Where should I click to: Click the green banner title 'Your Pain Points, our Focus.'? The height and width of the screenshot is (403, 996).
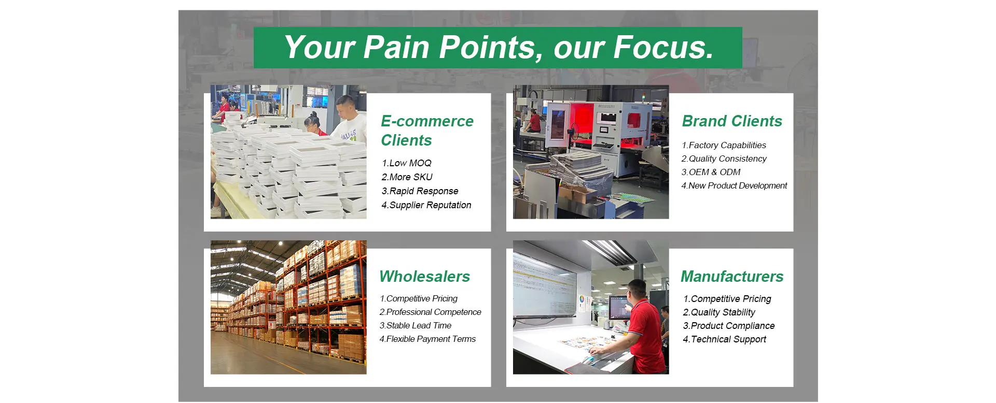tap(499, 47)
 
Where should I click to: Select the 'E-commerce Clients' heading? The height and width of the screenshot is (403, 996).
tap(427, 131)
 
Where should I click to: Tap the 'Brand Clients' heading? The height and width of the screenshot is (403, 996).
tap(732, 121)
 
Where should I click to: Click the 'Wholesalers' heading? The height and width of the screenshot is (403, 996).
tap(424, 277)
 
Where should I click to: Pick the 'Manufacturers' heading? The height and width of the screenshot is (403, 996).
tap(732, 277)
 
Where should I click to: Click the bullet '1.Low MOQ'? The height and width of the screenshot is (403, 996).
tap(407, 163)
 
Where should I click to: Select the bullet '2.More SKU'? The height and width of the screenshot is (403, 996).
tap(407, 177)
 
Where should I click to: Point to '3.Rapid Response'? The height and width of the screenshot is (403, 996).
tap(420, 191)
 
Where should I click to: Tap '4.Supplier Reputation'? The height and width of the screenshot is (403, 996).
tap(426, 205)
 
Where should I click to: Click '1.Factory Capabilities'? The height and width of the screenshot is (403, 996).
tap(724, 146)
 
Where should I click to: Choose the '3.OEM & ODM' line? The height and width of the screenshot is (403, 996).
tap(711, 172)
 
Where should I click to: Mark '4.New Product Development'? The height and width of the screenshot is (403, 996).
tap(734, 186)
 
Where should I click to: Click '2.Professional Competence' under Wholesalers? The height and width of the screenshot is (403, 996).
tap(430, 312)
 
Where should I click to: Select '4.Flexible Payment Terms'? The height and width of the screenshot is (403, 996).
tap(427, 339)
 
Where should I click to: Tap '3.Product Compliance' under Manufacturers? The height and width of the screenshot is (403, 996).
tap(729, 326)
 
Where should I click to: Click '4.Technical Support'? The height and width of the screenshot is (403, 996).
tap(725, 339)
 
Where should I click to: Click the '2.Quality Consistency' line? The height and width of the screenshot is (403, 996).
tap(724, 159)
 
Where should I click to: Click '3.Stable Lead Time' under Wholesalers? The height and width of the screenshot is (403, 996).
tap(415, 326)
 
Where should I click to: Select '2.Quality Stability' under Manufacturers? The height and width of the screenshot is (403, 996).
tap(719, 312)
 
